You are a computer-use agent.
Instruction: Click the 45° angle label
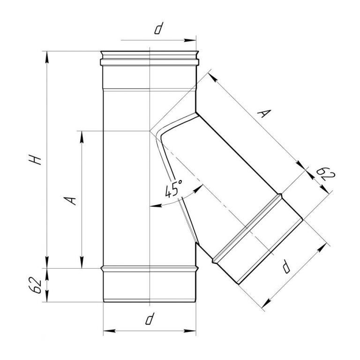tap(173, 188)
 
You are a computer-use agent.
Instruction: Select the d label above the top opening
tap(158, 29)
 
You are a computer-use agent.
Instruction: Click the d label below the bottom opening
tap(150, 319)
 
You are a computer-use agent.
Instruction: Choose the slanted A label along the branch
tap(264, 113)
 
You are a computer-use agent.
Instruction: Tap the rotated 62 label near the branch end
tap(326, 174)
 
